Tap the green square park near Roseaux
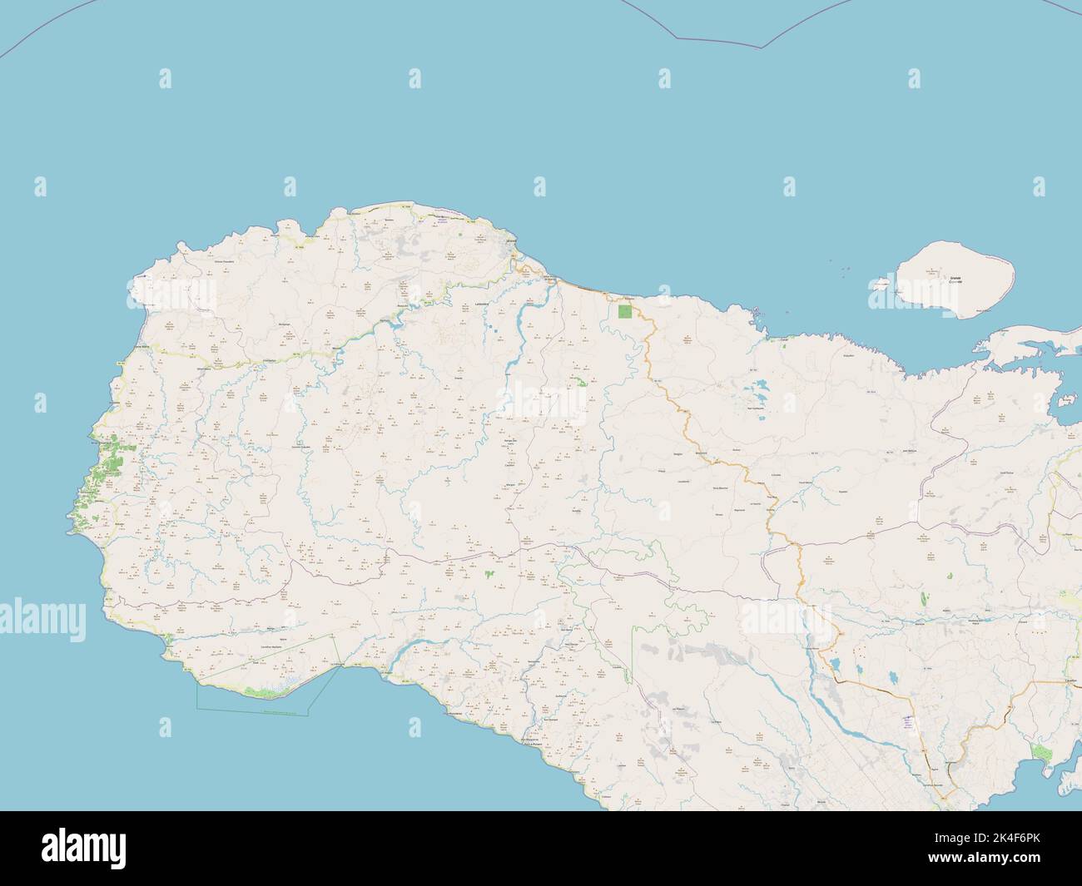[625, 313]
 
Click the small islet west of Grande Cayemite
[879, 284]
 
